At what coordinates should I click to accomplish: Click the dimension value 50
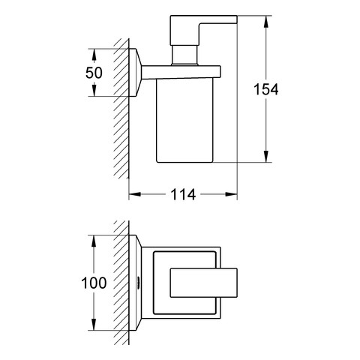pyautogui.click(x=94, y=73)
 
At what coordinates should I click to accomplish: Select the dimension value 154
pyautogui.click(x=266, y=89)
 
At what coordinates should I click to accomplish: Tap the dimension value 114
pyautogui.click(x=183, y=194)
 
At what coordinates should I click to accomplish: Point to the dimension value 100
pyautogui.click(x=94, y=283)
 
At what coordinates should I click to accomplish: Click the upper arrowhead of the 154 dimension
pyautogui.click(x=266, y=22)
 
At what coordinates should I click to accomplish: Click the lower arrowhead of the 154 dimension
pyautogui.click(x=266, y=157)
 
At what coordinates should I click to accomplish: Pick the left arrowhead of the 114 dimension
pyautogui.click(x=134, y=194)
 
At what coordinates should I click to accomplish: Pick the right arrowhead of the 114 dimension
pyautogui.click(x=231, y=194)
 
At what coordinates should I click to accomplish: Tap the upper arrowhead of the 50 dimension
pyautogui.click(x=94, y=54)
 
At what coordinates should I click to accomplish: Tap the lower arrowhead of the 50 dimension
pyautogui.click(x=94, y=91)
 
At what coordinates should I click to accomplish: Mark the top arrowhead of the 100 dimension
pyautogui.click(x=94, y=241)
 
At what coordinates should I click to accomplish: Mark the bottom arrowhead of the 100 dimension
pyautogui.click(x=94, y=325)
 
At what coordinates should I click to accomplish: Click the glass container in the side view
pyautogui.click(x=184, y=121)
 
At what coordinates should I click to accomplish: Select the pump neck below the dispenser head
pyautogui.click(x=184, y=55)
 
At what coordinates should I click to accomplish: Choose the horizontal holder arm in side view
pyautogui.click(x=181, y=73)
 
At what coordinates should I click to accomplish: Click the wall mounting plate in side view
pyautogui.click(x=135, y=73)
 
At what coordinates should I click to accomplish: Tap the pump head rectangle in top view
pyautogui.click(x=204, y=283)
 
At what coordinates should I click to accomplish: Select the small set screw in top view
pyautogui.click(x=137, y=283)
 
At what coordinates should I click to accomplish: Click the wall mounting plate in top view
pyautogui.click(x=135, y=283)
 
